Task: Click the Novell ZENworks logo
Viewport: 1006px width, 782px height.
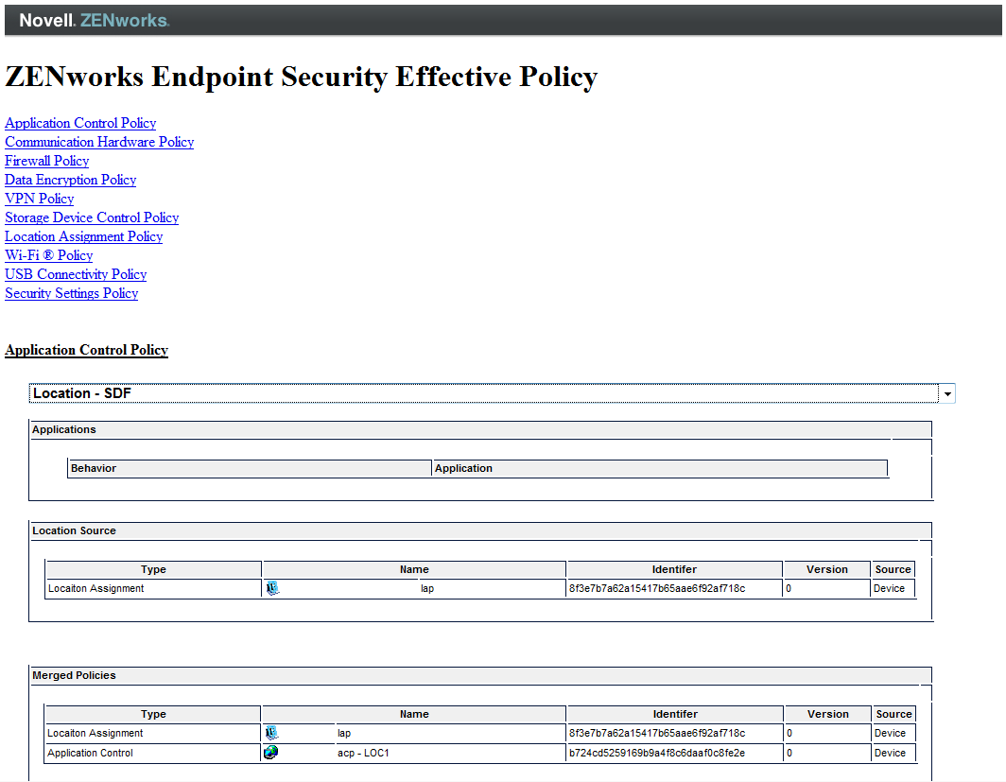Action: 94,20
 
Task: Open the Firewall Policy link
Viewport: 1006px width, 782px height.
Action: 47,161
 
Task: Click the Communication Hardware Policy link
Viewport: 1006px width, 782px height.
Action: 99,142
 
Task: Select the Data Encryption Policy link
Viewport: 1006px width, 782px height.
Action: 71,180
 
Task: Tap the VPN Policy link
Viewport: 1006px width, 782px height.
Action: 40,199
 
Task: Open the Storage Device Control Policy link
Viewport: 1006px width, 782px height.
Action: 92,217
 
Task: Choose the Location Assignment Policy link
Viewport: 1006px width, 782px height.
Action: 84,236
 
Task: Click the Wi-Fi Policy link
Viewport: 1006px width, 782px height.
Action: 49,255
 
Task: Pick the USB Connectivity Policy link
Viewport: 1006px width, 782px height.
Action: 76,274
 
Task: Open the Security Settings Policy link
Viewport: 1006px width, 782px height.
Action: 72,293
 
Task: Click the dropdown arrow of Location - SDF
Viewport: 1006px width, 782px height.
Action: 946,393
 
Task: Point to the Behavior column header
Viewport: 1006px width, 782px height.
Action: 94,468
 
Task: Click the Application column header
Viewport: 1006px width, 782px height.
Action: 463,468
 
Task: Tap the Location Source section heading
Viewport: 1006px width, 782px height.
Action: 74,530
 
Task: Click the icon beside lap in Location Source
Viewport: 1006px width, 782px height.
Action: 272,588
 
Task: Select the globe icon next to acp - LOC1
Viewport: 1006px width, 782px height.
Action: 271,753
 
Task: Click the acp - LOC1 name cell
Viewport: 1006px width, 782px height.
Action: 364,753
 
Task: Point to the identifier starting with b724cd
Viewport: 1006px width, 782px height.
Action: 657,753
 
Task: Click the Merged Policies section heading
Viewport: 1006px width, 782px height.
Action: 74,675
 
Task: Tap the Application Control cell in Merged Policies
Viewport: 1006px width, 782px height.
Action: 90,753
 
